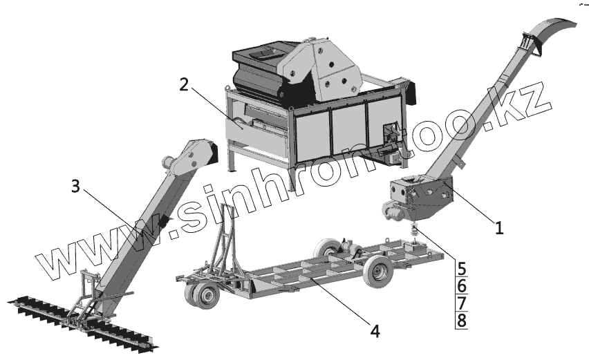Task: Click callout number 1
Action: (x=499, y=227)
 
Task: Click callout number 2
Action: (x=184, y=84)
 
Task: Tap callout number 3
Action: (x=75, y=186)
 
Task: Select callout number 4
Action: (x=375, y=331)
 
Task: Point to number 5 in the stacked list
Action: (x=462, y=269)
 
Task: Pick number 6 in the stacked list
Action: (x=462, y=287)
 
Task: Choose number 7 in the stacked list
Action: (x=462, y=303)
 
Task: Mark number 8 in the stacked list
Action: (x=462, y=321)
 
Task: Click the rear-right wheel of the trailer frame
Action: (x=379, y=272)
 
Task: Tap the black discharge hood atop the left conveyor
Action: (x=211, y=153)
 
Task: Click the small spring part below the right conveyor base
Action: (x=415, y=230)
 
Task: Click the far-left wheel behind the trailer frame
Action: (x=326, y=249)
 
